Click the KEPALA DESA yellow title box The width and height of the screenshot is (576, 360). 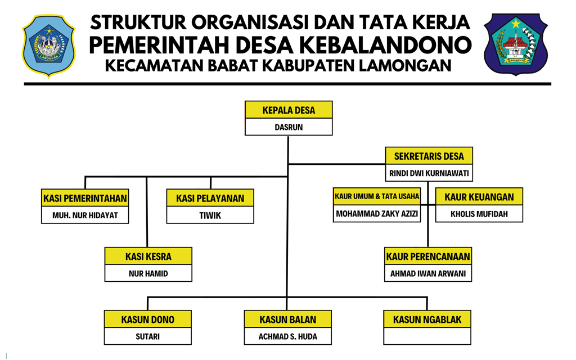(289, 110)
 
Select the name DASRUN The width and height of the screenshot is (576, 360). (289, 127)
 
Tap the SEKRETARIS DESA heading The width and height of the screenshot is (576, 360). (429, 156)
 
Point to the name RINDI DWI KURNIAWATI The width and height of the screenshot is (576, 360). (429, 173)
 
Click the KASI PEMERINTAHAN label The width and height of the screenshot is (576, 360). (85, 198)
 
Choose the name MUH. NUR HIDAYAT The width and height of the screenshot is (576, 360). (85, 215)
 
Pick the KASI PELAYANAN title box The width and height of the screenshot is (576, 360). (210, 198)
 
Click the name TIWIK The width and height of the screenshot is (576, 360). (210, 215)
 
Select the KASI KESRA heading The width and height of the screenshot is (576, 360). (148, 256)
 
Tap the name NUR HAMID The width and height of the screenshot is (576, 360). (148, 274)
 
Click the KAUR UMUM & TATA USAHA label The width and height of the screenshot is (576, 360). (377, 196)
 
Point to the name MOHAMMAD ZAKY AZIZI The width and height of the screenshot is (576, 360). (377, 214)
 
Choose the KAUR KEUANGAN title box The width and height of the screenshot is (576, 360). (479, 197)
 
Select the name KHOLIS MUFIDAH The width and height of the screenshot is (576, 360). (479, 214)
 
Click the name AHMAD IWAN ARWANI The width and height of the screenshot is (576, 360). (428, 274)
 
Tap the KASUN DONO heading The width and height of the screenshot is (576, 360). (147, 319)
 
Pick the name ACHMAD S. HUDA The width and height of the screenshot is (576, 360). (287, 336)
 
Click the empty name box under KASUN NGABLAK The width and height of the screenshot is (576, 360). (427, 336)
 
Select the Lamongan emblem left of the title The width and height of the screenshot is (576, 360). (48, 45)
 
